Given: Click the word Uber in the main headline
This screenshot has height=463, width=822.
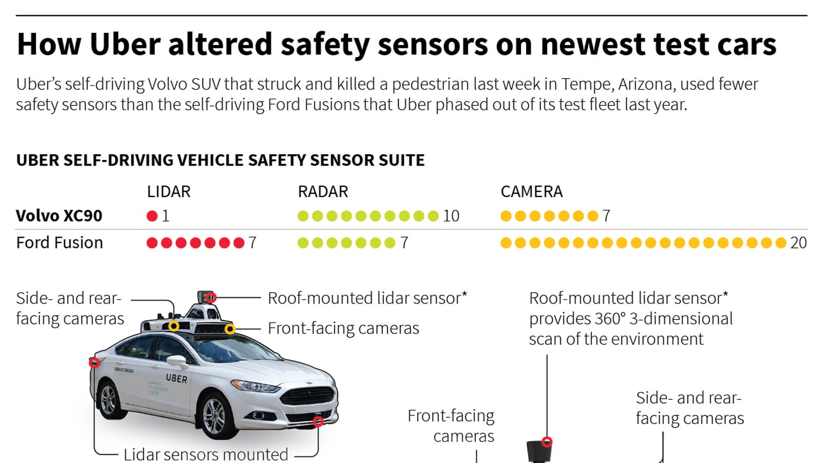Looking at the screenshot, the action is click(x=125, y=44).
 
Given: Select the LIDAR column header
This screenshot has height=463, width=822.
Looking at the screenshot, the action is click(x=169, y=192).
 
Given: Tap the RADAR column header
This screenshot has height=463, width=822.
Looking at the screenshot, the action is click(x=323, y=192).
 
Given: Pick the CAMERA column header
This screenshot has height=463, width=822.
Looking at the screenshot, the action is click(x=532, y=192).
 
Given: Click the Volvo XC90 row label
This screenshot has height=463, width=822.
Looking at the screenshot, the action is click(x=59, y=216).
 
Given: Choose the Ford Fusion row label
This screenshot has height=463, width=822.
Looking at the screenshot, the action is click(x=60, y=242).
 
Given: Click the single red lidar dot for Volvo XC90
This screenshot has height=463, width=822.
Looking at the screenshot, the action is click(x=152, y=216).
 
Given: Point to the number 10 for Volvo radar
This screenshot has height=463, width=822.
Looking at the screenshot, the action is click(x=451, y=216).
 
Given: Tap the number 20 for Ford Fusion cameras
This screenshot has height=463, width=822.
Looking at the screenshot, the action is click(x=798, y=243).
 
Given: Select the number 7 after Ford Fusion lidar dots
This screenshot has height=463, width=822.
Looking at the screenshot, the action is click(x=252, y=243).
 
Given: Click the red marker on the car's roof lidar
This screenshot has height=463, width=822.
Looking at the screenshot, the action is click(x=211, y=297).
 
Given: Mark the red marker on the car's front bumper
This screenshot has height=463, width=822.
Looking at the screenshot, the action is click(x=318, y=421).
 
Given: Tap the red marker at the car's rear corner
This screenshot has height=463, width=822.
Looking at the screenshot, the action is click(x=95, y=363).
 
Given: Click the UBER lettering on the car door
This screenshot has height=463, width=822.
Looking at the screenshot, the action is click(x=177, y=379).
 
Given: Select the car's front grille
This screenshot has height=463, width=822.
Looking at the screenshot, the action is click(x=308, y=396).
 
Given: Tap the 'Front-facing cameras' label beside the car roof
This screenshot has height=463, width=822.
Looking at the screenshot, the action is click(x=344, y=328).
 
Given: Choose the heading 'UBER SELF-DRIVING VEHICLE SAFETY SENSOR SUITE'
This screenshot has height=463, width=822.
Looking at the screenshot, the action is click(x=220, y=160).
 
